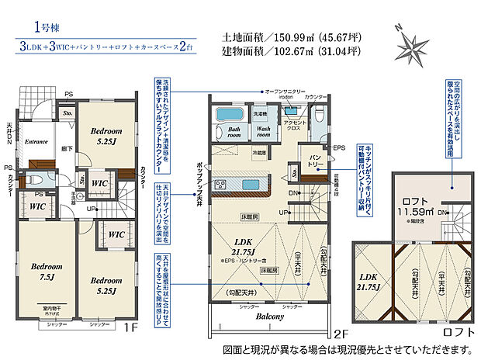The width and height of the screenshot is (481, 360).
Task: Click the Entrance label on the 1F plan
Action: pyautogui.click(x=36, y=143)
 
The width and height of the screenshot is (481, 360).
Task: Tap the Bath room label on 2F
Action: pyautogui.click(x=228, y=132)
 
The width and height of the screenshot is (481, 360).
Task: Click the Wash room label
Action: pyautogui.click(x=263, y=132)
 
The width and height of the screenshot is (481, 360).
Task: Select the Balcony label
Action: pyautogui.click(x=266, y=317)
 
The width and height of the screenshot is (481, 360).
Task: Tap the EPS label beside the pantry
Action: pyautogui.click(x=339, y=148)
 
